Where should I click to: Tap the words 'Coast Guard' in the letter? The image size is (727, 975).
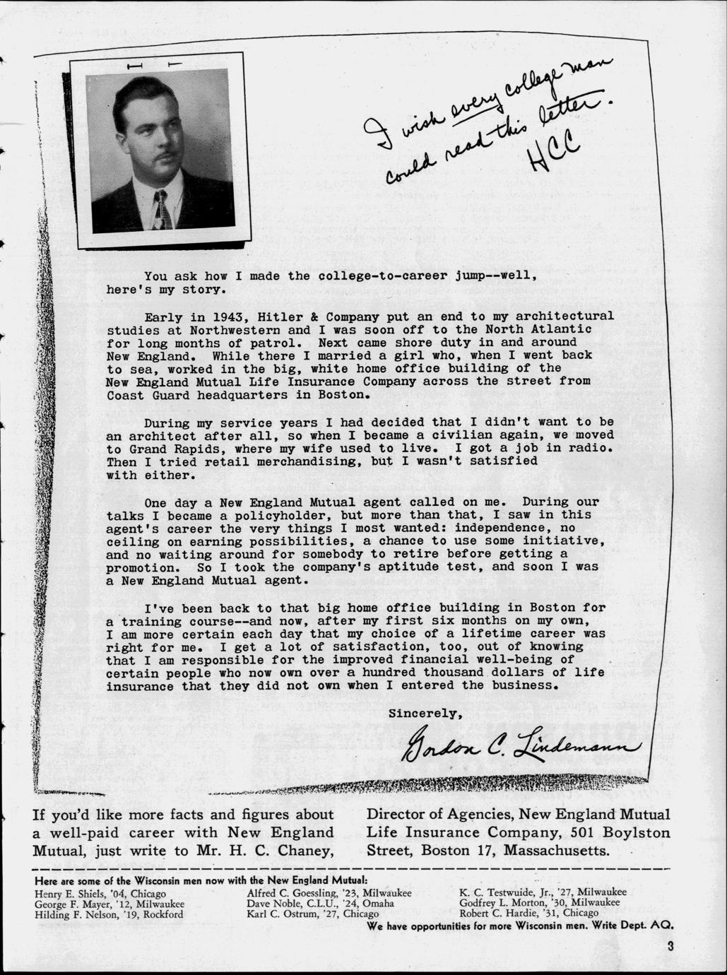coord(138,395)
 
